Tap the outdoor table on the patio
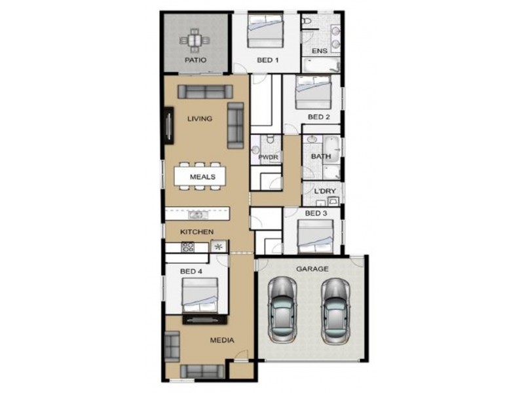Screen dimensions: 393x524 pyautogui.click(x=196, y=41)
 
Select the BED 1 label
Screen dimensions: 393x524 pyautogui.click(x=267, y=60)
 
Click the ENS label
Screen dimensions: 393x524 pyautogui.click(x=319, y=51)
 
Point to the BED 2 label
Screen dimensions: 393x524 pyautogui.click(x=318, y=117)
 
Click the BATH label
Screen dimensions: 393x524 pyautogui.click(x=320, y=157)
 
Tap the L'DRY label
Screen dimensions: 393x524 pyautogui.click(x=324, y=191)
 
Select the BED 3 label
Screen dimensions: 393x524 pyautogui.click(x=316, y=214)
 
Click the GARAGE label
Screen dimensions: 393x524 pyautogui.click(x=312, y=269)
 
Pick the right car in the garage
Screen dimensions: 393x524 pyautogui.click(x=335, y=311)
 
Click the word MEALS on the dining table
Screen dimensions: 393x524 pyautogui.click(x=200, y=177)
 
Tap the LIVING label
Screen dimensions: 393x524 pyautogui.click(x=200, y=119)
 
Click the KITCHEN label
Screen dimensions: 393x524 pyautogui.click(x=197, y=232)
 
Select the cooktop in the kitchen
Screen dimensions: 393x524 pyautogui.click(x=188, y=248)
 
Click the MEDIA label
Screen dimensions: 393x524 pyautogui.click(x=222, y=341)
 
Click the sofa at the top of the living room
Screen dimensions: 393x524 pyautogui.click(x=204, y=92)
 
